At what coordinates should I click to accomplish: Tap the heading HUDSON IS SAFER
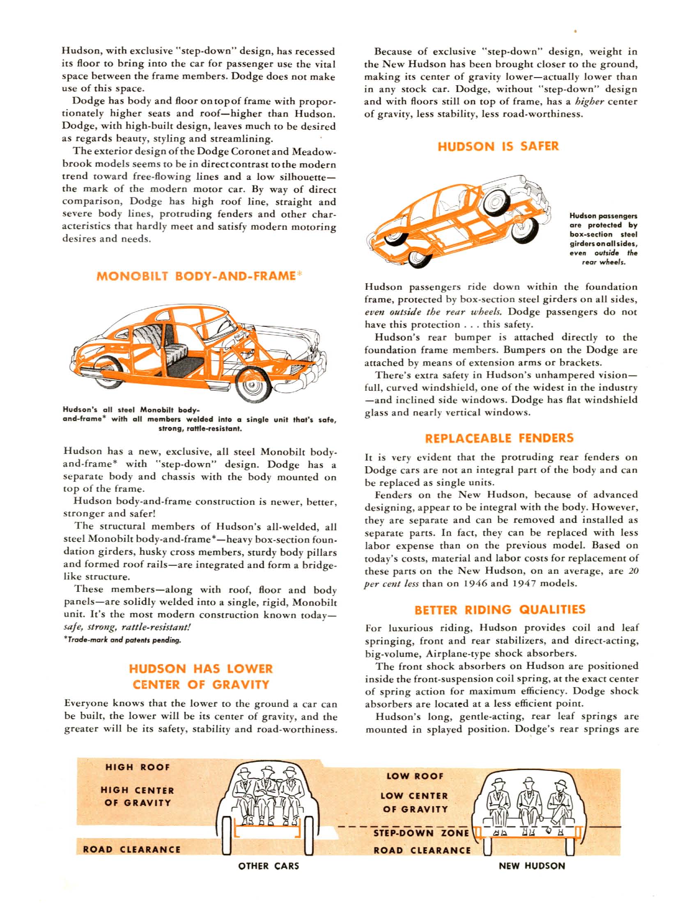[x=498, y=147]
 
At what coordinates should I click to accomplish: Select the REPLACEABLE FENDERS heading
[x=499, y=438]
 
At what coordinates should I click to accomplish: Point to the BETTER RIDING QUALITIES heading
[x=500, y=610]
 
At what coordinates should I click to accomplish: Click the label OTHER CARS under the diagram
[x=269, y=865]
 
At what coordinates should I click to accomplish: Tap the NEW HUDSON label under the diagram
[x=531, y=865]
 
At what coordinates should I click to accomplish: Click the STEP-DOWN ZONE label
[x=421, y=833]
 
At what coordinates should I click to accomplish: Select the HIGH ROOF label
[x=137, y=767]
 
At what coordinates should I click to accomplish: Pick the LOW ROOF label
[x=414, y=777]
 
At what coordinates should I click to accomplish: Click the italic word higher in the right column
[x=591, y=102]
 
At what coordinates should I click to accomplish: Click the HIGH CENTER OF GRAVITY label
[x=137, y=796]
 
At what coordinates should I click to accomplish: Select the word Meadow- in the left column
[x=314, y=152]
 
